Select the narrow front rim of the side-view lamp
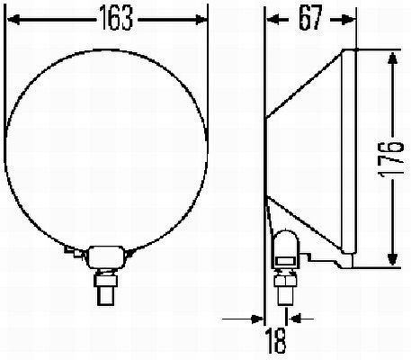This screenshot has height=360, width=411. (x=352, y=153)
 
